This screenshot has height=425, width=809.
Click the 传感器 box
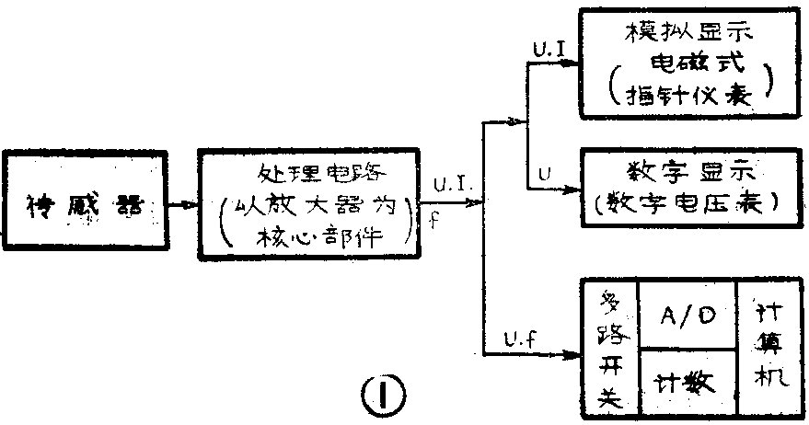tap(84, 204)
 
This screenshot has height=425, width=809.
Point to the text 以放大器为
tap(314, 206)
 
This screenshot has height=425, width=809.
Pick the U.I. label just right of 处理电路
tap(452, 187)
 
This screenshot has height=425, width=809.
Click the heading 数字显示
tap(685, 172)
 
